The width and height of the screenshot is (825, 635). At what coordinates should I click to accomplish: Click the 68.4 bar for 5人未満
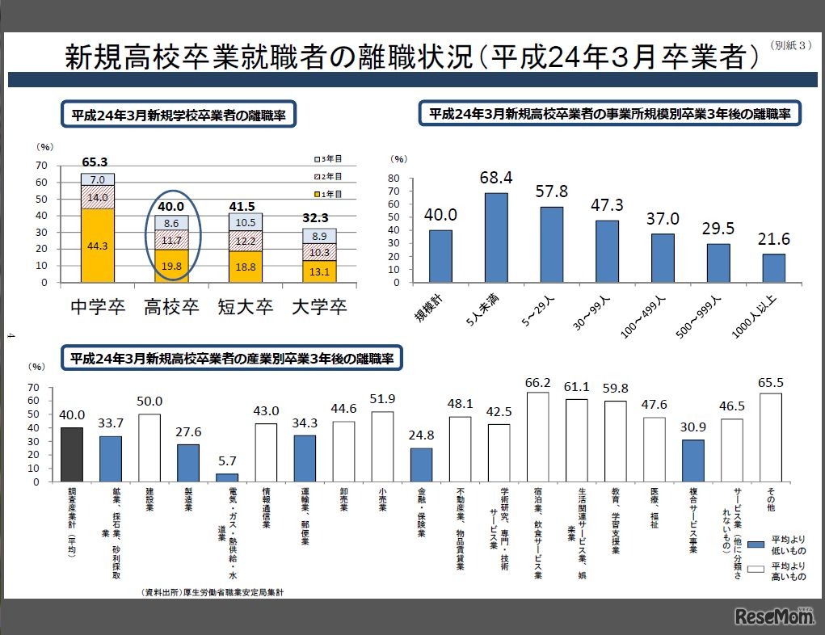(496, 238)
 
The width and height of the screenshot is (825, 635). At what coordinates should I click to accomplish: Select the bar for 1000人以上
(774, 268)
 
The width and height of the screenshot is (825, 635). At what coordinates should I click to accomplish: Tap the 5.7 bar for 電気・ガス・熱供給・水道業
(227, 477)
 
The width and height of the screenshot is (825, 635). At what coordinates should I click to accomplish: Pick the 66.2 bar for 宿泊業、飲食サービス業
(537, 436)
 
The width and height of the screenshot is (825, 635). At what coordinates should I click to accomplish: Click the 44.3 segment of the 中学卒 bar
(97, 246)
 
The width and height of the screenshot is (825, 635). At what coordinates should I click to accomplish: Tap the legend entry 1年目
(327, 194)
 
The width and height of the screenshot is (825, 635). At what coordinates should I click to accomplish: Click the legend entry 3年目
(327, 158)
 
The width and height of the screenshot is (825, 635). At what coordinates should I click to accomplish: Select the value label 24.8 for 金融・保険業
(421, 438)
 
